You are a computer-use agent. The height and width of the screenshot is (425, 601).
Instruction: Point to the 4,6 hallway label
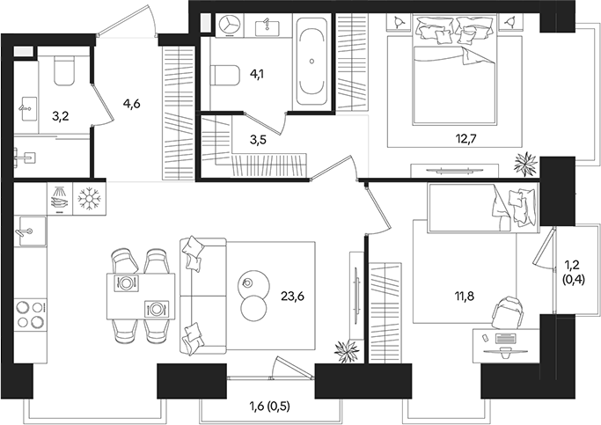(x=132, y=104)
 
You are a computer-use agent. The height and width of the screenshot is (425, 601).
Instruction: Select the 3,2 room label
(x=62, y=114)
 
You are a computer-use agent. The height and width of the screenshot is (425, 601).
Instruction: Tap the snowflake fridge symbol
(x=90, y=200)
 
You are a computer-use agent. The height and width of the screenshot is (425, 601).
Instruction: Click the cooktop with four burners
(x=30, y=315)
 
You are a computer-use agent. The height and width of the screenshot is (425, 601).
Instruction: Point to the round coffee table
(x=254, y=296)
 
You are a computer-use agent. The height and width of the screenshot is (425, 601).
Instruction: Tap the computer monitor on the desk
(x=505, y=337)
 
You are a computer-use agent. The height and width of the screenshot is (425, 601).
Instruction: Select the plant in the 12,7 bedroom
(x=526, y=164)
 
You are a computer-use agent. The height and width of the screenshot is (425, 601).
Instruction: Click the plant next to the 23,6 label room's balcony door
(x=346, y=351)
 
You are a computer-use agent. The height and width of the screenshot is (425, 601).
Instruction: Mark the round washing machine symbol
(x=231, y=25)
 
